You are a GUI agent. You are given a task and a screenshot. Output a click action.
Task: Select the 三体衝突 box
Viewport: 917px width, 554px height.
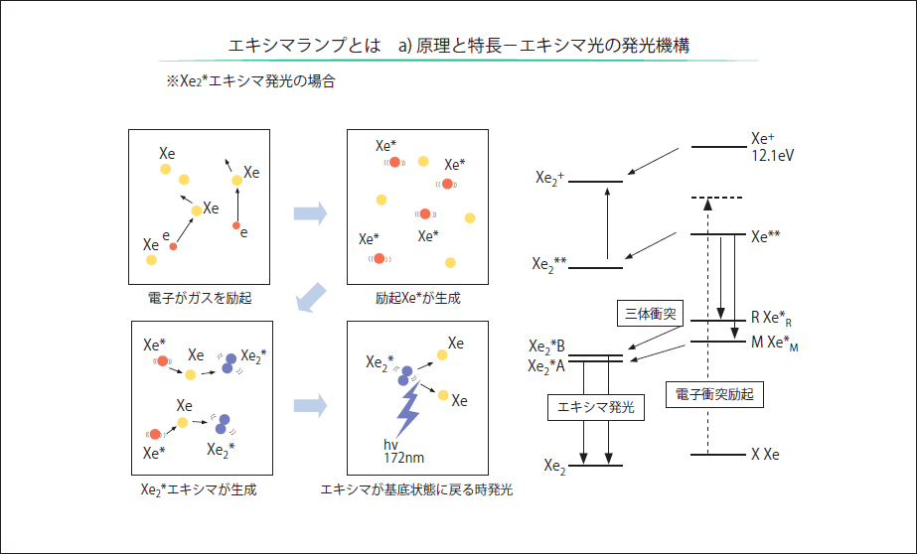[x=649, y=314]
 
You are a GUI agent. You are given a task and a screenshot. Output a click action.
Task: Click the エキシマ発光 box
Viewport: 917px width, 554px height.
[x=597, y=406]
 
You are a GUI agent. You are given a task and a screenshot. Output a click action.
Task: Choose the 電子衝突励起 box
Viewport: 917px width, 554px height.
[x=713, y=393]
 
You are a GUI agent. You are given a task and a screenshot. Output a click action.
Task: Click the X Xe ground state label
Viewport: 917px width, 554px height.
[x=765, y=455]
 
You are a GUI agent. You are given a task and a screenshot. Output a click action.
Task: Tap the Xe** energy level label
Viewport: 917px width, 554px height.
[x=766, y=236]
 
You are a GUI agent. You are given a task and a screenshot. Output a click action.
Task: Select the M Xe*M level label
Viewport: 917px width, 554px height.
[x=776, y=343]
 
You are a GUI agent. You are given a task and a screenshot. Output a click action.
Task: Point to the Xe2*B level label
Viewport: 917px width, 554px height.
[x=547, y=346]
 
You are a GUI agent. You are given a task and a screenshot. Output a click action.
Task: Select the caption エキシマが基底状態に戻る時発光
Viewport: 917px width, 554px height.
[x=417, y=489]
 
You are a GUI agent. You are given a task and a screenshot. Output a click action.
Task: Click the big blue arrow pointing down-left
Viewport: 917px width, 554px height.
[x=313, y=297]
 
